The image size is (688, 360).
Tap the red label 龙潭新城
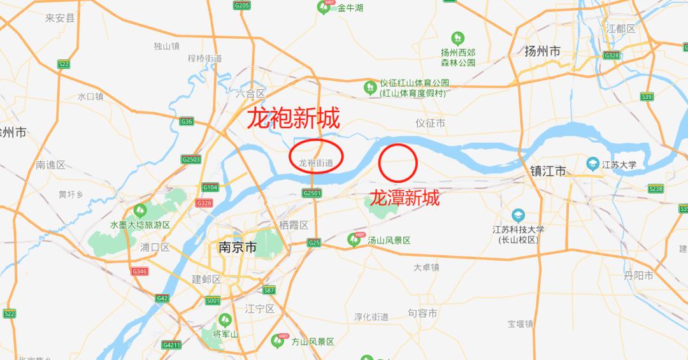point(405,198)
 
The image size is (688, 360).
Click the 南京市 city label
point(236,247)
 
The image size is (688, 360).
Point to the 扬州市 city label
point(541,51)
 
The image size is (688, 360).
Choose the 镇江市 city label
point(548,171)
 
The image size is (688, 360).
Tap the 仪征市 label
point(430,123)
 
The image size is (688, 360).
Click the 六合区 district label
point(250,94)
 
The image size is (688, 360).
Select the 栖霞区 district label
point(294,225)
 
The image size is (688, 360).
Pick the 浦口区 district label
point(155,247)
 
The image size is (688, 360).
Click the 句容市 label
point(422,313)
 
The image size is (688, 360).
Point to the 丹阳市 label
point(638,275)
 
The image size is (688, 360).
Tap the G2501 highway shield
point(312,192)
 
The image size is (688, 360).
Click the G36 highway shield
point(187,121)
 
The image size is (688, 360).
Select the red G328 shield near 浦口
point(204,203)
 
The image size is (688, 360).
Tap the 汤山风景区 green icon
point(354,240)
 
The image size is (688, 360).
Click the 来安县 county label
point(60,18)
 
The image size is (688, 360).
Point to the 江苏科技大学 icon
point(518,215)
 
